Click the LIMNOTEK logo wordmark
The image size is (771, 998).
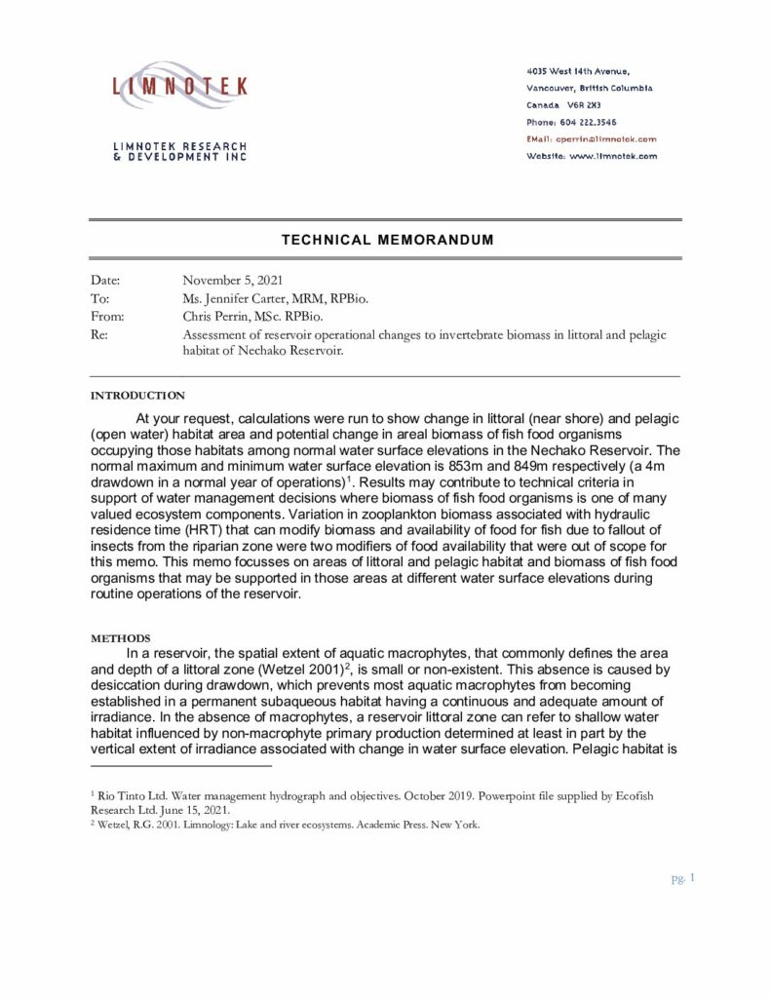coord(180,87)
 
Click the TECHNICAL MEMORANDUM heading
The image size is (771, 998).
coord(387,239)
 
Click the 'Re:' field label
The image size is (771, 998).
coord(98,334)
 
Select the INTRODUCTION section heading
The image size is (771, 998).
coord(136,396)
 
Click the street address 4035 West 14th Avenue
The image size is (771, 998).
coord(577,71)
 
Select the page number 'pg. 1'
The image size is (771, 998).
coord(681,878)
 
